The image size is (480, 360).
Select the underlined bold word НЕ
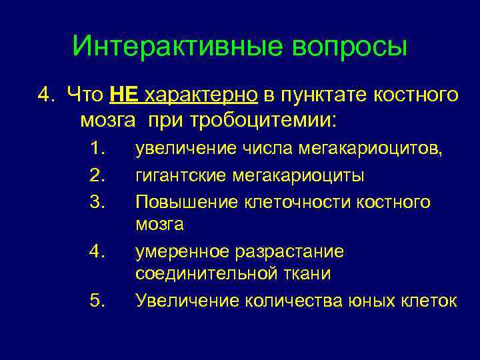point(123,95)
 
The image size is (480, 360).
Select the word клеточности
point(289,201)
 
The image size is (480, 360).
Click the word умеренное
point(183,251)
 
